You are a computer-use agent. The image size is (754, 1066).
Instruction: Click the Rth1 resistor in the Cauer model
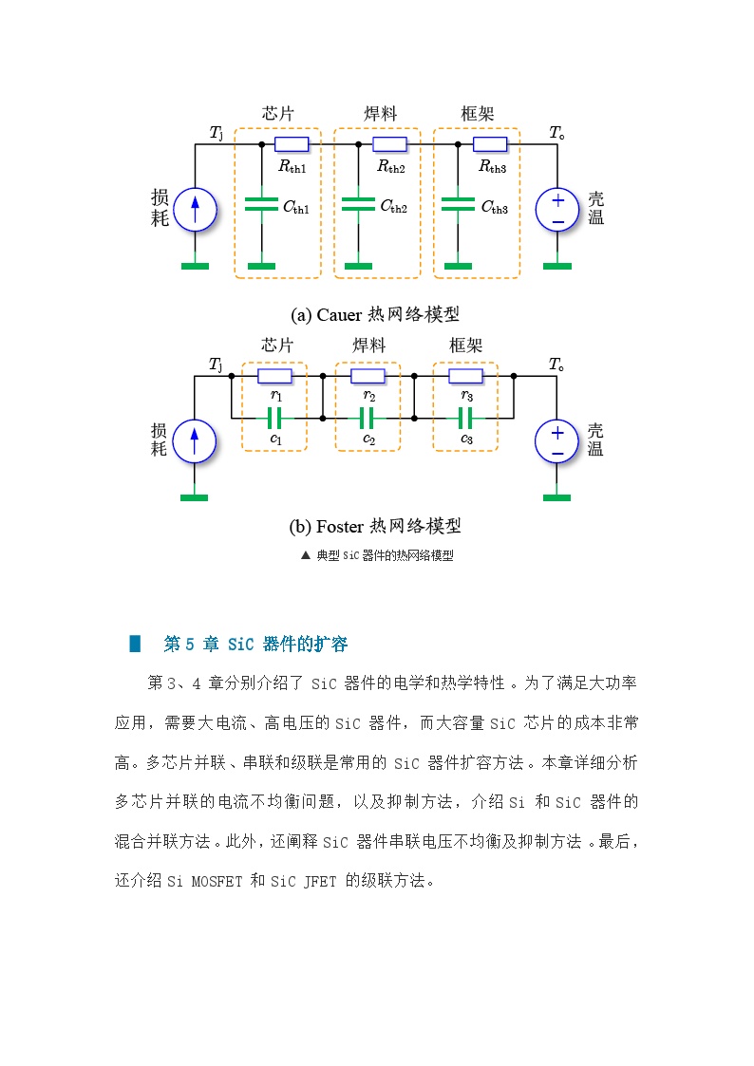292,144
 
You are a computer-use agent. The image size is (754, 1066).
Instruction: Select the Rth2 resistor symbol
390,144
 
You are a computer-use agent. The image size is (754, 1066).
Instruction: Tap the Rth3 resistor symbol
490,144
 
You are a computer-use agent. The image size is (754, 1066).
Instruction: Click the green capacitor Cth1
261,204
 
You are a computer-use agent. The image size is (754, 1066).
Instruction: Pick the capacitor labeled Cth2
358,204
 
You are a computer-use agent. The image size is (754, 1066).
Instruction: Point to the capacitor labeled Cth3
458,204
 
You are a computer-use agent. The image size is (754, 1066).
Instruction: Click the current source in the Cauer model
195,210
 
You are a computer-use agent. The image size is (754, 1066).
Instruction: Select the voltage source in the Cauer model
557,210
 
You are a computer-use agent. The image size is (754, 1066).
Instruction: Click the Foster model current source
195,441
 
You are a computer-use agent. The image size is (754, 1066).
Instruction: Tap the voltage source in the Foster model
556,441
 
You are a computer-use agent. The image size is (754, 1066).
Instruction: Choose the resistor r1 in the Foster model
274,376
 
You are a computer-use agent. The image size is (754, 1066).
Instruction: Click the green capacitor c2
368,418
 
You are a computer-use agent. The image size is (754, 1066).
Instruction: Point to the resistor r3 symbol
465,376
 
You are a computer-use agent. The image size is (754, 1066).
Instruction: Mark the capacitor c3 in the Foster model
465,418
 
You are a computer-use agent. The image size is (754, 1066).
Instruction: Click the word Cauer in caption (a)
339,315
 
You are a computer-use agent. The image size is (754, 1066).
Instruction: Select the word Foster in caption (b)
340,527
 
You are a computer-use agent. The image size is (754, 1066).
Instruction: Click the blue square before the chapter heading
135,644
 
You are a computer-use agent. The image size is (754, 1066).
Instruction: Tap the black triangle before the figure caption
305,555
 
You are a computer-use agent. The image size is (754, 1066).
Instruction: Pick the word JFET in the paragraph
320,881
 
